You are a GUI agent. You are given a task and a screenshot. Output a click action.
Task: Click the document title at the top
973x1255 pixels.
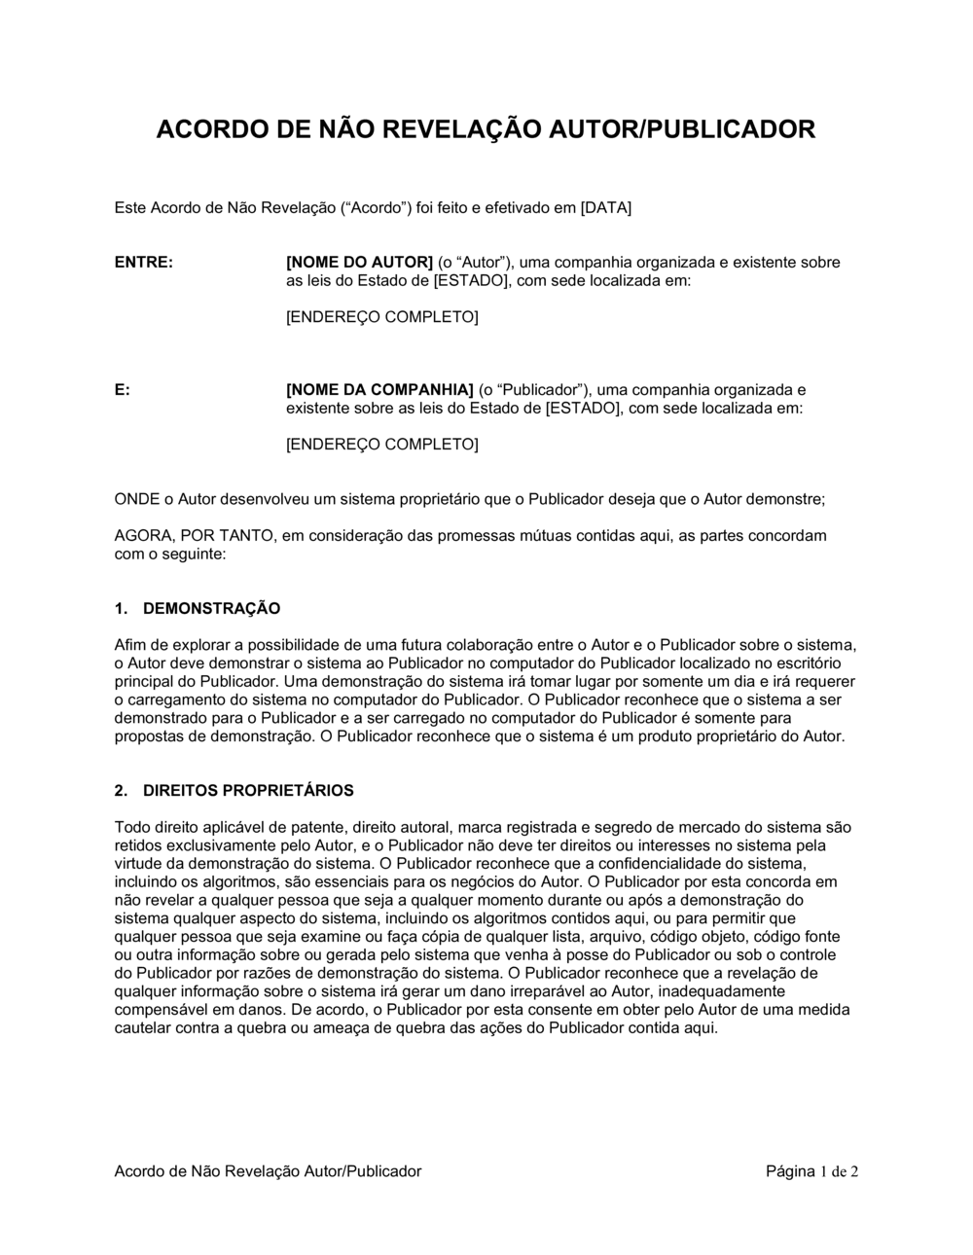(486, 129)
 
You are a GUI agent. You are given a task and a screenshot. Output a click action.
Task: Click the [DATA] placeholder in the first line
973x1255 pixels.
(605, 208)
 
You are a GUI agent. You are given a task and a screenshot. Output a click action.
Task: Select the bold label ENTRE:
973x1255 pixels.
(144, 263)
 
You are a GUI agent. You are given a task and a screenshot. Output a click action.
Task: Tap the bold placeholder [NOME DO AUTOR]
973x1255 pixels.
(359, 263)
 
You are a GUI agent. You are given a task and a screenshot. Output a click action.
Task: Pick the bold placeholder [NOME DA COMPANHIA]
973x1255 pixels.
(379, 390)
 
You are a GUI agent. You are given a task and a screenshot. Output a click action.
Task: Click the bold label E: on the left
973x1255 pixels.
(123, 390)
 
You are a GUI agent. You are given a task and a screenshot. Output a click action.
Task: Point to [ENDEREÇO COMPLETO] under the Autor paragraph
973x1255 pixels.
(381, 318)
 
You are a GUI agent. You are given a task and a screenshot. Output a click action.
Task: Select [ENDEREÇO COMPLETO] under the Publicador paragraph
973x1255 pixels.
(381, 445)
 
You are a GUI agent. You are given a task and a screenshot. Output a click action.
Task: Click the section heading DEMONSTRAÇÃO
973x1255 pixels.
(211, 609)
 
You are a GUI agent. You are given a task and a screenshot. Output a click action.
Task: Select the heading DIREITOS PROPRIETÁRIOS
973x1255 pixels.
(248, 791)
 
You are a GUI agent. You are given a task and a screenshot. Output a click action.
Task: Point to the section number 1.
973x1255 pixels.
(121, 609)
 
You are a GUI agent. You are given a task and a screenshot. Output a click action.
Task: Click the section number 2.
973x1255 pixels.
(121, 791)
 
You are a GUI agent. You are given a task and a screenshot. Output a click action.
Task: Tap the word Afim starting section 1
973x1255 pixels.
(128, 645)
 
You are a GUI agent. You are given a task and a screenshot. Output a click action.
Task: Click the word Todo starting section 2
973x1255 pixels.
(131, 828)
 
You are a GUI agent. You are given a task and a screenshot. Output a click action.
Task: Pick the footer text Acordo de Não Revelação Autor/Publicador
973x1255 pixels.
(268, 1171)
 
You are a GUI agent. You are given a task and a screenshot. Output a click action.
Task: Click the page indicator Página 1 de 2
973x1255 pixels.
(811, 1171)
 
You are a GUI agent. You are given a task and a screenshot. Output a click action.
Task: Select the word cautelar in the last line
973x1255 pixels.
(142, 1028)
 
